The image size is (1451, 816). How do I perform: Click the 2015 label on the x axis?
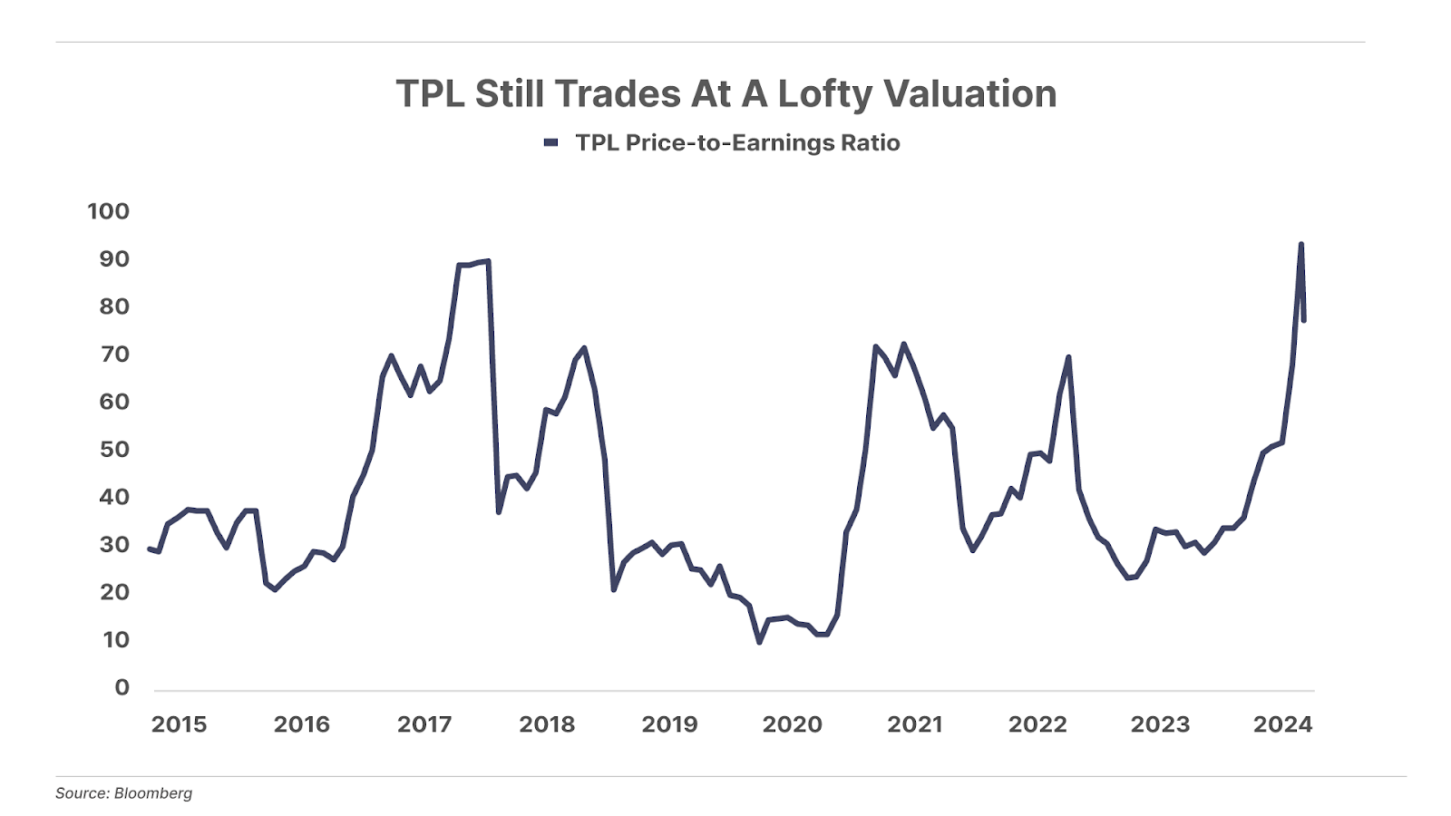[179, 724]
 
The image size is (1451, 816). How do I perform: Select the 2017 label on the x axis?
[424, 724]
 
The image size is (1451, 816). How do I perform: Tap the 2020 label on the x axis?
[793, 724]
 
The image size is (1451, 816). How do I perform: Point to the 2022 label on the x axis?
[1037, 724]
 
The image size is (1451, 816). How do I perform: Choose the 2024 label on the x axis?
[1282, 724]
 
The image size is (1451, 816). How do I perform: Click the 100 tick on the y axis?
[108, 211]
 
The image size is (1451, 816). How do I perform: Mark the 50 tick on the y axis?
[113, 450]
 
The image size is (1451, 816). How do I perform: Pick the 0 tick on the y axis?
[122, 688]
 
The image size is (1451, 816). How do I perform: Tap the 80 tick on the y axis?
[114, 306]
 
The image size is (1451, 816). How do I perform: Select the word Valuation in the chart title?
[969, 94]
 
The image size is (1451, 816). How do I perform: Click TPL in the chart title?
[430, 94]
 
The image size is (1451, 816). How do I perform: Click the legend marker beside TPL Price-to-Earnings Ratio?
[550, 143]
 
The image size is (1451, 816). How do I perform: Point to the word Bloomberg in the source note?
[153, 793]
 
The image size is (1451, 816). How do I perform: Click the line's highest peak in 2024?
[1300, 244]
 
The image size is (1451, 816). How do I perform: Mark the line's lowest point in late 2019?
[759, 642]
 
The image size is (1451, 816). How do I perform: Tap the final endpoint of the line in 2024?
[1304, 320]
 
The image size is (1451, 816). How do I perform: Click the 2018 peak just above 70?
[584, 347]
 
